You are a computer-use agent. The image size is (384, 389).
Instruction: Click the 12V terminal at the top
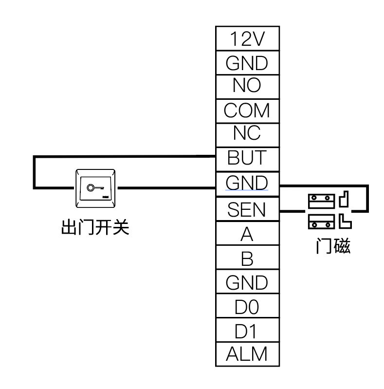(x=247, y=39)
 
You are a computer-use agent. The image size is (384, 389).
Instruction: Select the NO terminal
(x=247, y=86)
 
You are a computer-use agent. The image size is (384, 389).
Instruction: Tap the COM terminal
(x=247, y=111)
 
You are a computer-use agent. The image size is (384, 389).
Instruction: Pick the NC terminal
(x=247, y=133)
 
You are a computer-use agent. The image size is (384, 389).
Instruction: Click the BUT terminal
(x=247, y=158)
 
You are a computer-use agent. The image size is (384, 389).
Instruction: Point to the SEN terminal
(x=247, y=210)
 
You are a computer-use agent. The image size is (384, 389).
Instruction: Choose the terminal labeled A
(x=247, y=235)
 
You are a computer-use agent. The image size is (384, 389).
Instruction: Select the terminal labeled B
(x=247, y=259)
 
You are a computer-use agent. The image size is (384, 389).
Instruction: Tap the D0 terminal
(x=247, y=307)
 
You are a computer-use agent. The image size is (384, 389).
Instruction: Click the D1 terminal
(x=247, y=331)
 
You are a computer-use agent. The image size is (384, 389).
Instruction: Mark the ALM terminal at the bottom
(x=247, y=354)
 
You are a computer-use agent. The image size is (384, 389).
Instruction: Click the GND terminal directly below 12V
(x=247, y=63)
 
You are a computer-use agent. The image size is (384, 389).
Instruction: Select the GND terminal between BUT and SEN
(x=247, y=183)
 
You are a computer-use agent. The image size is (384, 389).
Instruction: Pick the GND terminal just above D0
(x=247, y=283)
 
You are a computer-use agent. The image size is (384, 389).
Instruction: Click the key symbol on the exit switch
(x=93, y=187)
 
